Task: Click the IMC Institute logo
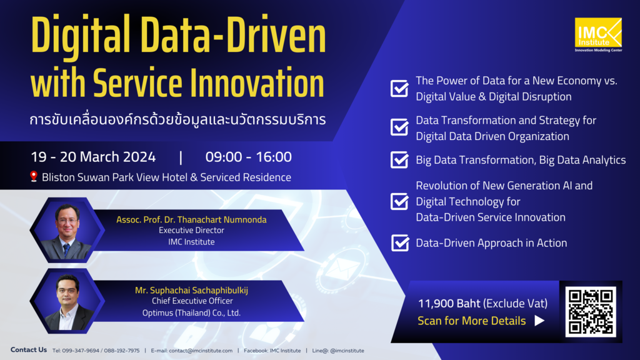pyautogui.click(x=598, y=34)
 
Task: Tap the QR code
pyautogui.click(x=591, y=312)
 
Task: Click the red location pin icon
pyautogui.click(x=34, y=177)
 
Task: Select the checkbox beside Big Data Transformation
pyautogui.click(x=399, y=160)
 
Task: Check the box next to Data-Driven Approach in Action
pyautogui.click(x=399, y=242)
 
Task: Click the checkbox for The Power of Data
pyautogui.click(x=399, y=89)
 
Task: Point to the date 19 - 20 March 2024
pyautogui.click(x=93, y=157)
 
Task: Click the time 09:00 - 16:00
pyautogui.click(x=248, y=157)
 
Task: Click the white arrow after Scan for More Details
pyautogui.click(x=539, y=321)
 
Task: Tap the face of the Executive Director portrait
pyautogui.click(x=67, y=222)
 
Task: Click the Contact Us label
pyautogui.click(x=29, y=350)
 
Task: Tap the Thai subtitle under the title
pyautogui.click(x=177, y=119)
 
